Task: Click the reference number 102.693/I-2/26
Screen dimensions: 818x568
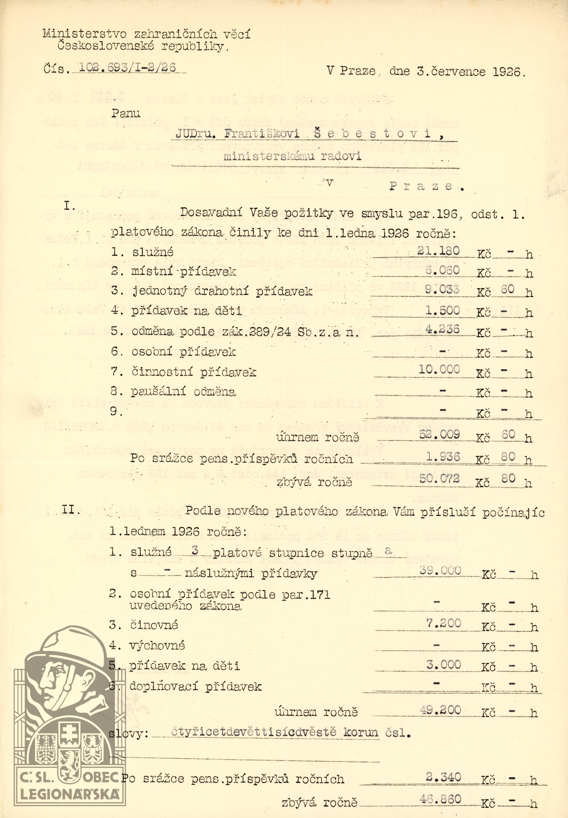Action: pyautogui.click(x=127, y=67)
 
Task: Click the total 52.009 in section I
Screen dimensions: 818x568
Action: pyautogui.click(x=439, y=434)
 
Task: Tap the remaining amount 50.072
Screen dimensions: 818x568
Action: pyautogui.click(x=439, y=479)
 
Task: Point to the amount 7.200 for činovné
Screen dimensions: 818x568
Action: pyautogui.click(x=443, y=624)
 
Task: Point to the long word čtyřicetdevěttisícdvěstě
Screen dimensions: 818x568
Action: pyautogui.click(x=253, y=732)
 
